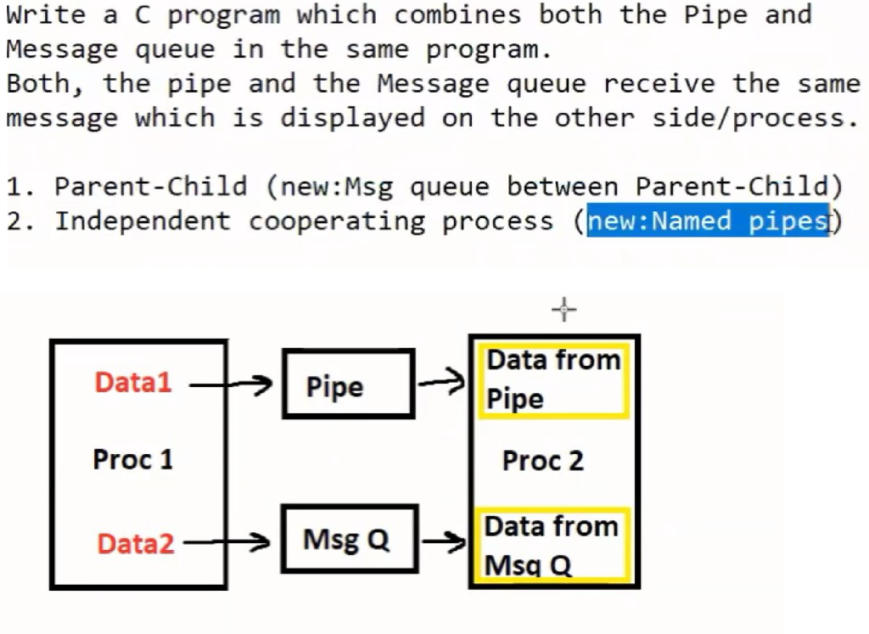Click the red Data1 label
(x=133, y=383)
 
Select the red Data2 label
(x=136, y=543)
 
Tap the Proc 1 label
(x=133, y=460)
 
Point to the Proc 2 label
(x=543, y=461)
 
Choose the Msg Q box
(x=348, y=539)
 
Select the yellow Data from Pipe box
(x=553, y=380)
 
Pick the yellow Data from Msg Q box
(x=553, y=546)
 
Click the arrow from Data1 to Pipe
(x=229, y=386)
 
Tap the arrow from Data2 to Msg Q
(x=227, y=541)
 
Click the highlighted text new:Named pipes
(x=708, y=222)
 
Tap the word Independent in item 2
(x=143, y=222)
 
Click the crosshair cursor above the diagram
(x=564, y=310)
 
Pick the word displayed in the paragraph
(x=352, y=118)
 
